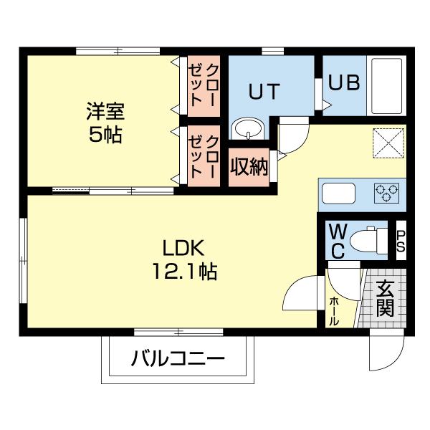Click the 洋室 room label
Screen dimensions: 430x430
(x=105, y=112)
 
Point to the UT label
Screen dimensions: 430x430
(x=264, y=92)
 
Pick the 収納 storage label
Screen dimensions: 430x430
(x=249, y=167)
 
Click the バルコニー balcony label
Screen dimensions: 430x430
(x=178, y=359)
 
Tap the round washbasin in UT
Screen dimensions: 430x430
(x=249, y=129)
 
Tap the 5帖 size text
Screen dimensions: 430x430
(x=105, y=134)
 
